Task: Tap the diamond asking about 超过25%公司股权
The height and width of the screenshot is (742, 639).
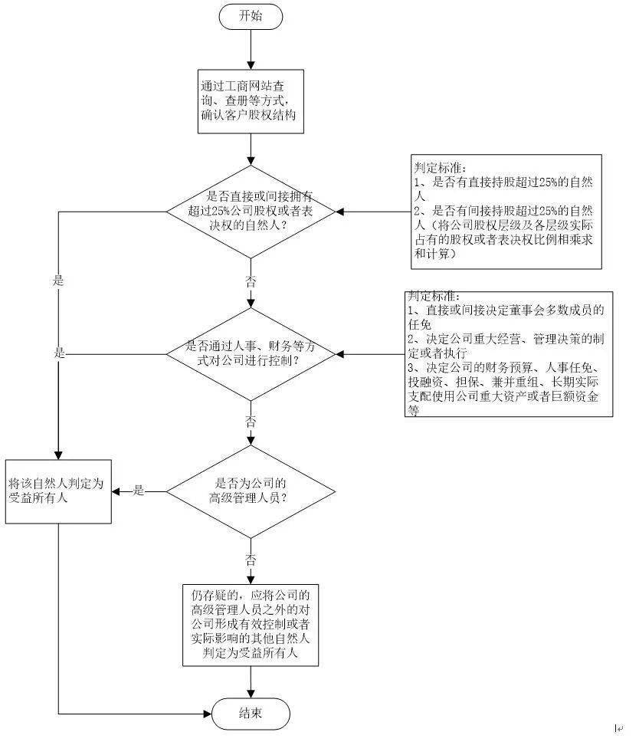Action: coord(251,212)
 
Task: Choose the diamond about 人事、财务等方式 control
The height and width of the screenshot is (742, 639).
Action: coord(251,354)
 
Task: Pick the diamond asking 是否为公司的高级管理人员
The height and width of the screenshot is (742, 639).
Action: coord(251,491)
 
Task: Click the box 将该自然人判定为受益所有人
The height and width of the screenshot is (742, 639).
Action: coord(59,491)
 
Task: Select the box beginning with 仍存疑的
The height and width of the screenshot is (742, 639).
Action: coord(251,625)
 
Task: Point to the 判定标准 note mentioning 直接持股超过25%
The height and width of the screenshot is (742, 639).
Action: coord(506,212)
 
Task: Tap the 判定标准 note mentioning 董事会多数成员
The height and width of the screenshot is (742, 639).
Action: coord(509,354)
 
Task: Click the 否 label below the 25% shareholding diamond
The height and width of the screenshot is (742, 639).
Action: coord(251,281)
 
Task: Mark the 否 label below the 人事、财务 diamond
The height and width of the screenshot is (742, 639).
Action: coord(251,422)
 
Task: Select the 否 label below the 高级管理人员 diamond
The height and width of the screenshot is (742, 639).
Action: coord(251,558)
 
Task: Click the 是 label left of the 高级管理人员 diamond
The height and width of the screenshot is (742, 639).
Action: coord(139,491)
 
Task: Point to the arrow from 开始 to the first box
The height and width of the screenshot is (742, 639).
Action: coord(251,50)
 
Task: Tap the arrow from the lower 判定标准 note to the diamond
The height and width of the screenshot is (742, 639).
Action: coord(369,354)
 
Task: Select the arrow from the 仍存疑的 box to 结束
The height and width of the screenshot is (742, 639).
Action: coord(251,681)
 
